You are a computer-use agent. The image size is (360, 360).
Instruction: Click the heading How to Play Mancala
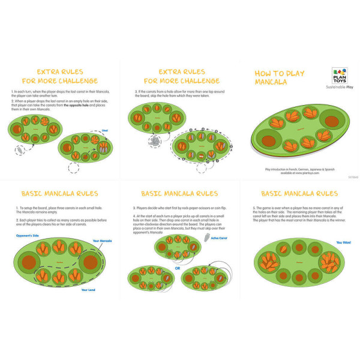click(x=280, y=77)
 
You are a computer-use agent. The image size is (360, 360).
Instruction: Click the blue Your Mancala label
click(x=102, y=241)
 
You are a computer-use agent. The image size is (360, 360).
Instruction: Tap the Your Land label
click(x=88, y=290)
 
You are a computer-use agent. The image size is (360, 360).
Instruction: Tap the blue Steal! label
click(x=104, y=130)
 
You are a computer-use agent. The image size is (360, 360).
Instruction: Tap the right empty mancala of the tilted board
click(x=331, y=122)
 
